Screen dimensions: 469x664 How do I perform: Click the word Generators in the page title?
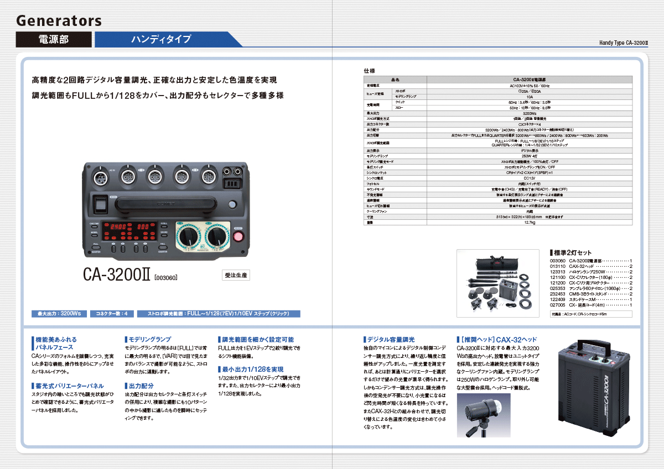pos(59,21)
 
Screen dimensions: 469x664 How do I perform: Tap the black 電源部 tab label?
pos(54,39)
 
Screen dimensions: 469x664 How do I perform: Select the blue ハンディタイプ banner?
pos(161,39)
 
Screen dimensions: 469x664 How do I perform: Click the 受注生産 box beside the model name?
pos(236,275)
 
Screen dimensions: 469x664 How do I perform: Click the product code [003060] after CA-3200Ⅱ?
pos(165,277)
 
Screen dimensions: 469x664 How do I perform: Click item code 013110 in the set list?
pos(557,266)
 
